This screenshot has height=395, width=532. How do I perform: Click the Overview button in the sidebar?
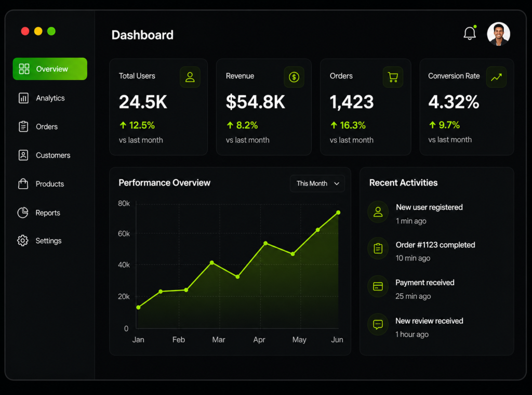(x=50, y=69)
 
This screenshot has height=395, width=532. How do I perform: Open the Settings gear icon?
(x=23, y=241)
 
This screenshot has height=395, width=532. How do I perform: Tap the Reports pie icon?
(x=23, y=213)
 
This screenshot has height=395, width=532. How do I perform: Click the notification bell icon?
(x=470, y=33)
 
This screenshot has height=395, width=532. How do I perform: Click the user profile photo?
(x=498, y=34)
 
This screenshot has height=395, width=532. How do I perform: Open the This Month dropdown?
(x=317, y=183)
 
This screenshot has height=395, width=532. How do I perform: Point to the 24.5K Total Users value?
(x=143, y=102)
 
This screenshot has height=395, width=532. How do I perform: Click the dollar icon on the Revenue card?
(x=294, y=77)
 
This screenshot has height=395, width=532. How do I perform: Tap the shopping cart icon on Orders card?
(x=393, y=77)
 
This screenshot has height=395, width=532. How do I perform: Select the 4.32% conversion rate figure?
(x=454, y=102)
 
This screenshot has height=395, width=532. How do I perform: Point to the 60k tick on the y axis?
(x=124, y=233)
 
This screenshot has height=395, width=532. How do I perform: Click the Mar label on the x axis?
(x=219, y=340)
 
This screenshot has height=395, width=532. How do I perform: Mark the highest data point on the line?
(x=338, y=213)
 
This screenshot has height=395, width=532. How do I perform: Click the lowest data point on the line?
(x=138, y=308)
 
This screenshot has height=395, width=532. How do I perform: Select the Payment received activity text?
(x=425, y=283)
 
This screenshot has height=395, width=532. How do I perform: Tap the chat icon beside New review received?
(x=378, y=324)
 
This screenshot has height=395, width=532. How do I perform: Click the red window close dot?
(x=25, y=31)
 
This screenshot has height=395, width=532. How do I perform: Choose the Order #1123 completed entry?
(x=435, y=245)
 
